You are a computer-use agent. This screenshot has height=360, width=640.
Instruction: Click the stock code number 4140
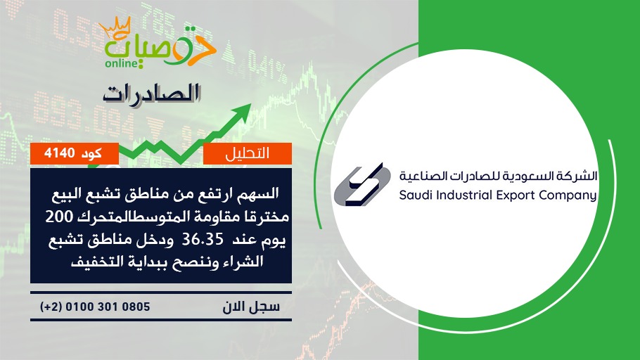pos(60,153)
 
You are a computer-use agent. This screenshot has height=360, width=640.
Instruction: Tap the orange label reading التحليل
pos(248,153)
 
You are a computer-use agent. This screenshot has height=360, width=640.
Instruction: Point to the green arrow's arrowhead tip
pos(251,104)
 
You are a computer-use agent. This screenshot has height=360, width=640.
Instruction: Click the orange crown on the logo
pos(115,27)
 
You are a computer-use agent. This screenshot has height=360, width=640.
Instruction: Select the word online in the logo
pos(121,63)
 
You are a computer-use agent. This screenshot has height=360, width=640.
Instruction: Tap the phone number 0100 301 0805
pos(108,307)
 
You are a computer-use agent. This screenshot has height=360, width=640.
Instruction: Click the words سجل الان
pos(251,307)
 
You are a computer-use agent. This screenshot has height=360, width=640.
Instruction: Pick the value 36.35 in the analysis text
pos(203,239)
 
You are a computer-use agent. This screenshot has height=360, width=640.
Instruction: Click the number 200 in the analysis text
pos(58,217)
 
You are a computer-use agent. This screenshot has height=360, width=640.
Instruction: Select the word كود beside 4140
pos(91,153)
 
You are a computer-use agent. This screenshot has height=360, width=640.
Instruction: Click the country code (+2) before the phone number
pos(51,307)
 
